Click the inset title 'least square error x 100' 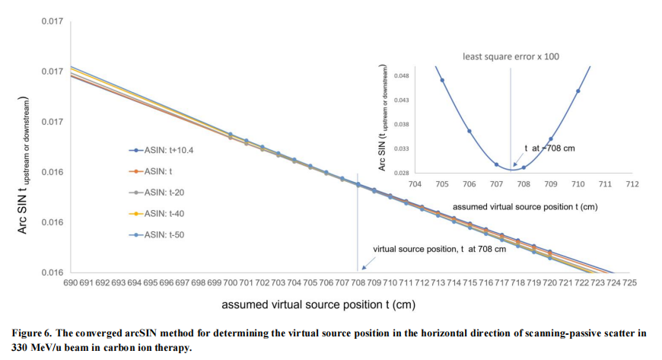[511, 56]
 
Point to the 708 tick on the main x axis [358, 282]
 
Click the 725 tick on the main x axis [629, 282]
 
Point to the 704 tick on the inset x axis [415, 183]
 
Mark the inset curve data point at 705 [442, 81]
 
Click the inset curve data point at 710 [578, 91]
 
